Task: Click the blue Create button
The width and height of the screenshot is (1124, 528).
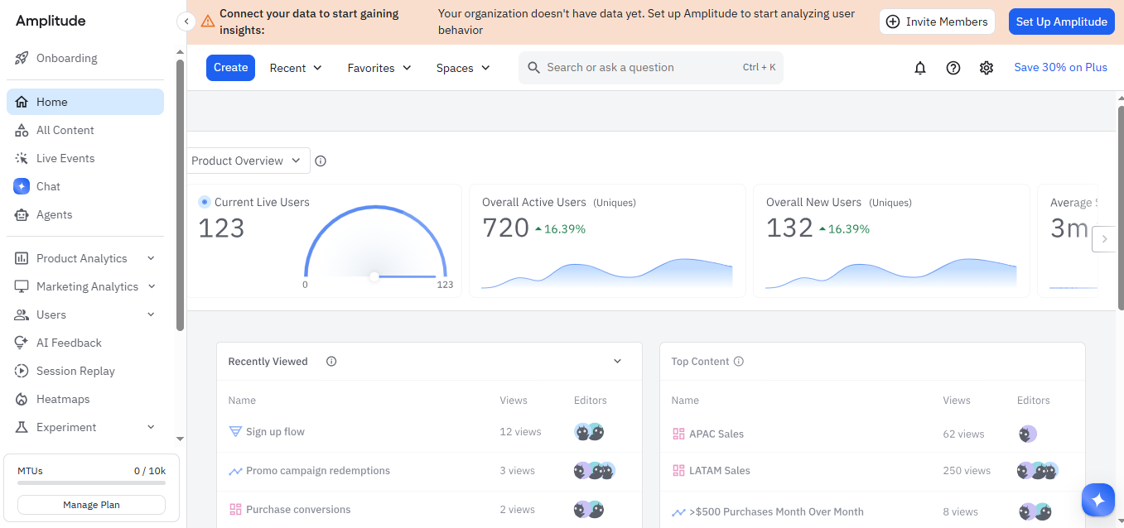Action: click(x=230, y=68)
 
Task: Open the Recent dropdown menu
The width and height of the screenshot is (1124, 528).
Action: click(x=296, y=68)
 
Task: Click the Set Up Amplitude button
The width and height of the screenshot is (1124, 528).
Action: click(x=1061, y=22)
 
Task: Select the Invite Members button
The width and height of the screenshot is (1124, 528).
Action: click(x=937, y=22)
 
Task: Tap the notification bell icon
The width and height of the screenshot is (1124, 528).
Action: click(x=919, y=68)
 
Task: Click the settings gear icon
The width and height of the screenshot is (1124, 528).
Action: click(x=986, y=68)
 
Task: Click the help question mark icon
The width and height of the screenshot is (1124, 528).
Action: click(x=953, y=68)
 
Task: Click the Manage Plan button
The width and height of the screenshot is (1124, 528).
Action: click(x=91, y=505)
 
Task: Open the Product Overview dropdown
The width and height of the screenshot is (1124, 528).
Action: click(x=246, y=161)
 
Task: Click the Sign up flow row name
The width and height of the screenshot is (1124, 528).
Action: click(x=275, y=431)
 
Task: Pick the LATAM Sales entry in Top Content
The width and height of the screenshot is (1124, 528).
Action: click(x=720, y=470)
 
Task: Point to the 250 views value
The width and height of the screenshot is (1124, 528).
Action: click(x=967, y=470)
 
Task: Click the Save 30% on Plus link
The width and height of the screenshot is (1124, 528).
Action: click(x=1060, y=67)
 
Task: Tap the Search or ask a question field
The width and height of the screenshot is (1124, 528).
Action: click(x=651, y=68)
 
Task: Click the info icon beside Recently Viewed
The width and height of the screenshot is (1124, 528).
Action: click(x=331, y=361)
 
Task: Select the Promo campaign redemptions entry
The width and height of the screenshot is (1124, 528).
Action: click(x=317, y=470)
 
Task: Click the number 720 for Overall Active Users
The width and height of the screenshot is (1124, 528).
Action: click(x=505, y=228)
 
